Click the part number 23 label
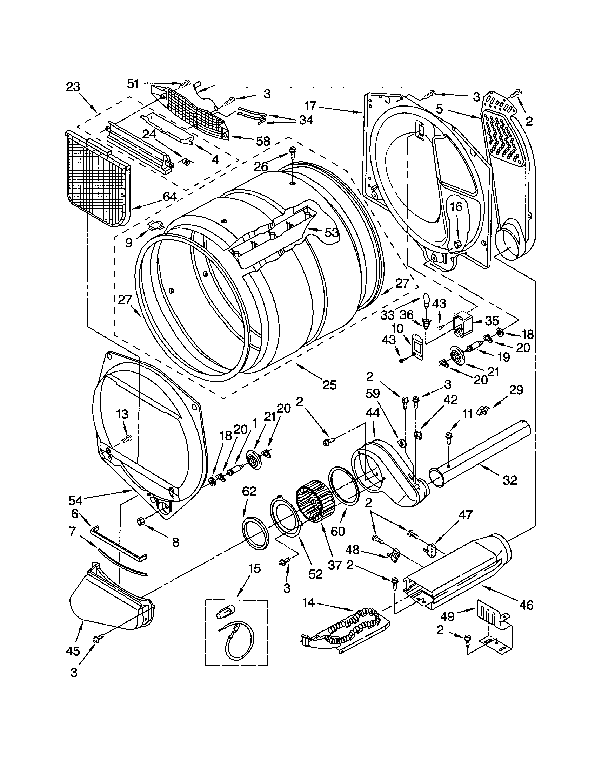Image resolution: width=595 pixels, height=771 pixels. click(73, 87)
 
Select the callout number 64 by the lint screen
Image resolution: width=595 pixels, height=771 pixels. click(169, 197)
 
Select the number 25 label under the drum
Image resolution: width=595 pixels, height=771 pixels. click(329, 384)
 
